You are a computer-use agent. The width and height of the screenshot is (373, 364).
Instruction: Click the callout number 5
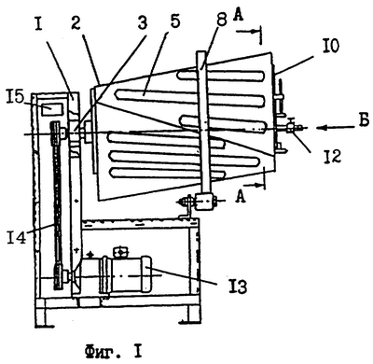point(175,22)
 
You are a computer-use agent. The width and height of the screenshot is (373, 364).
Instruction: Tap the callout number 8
point(223,21)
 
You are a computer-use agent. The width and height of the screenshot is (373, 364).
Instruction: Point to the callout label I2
point(331,156)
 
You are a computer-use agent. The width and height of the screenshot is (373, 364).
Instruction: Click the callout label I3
point(237,287)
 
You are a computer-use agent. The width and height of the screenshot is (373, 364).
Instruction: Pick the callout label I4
point(16,237)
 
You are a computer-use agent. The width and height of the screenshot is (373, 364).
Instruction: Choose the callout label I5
point(15,98)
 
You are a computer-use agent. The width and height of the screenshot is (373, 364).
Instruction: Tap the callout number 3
point(142,22)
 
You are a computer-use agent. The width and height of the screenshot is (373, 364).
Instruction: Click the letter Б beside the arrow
point(364,120)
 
